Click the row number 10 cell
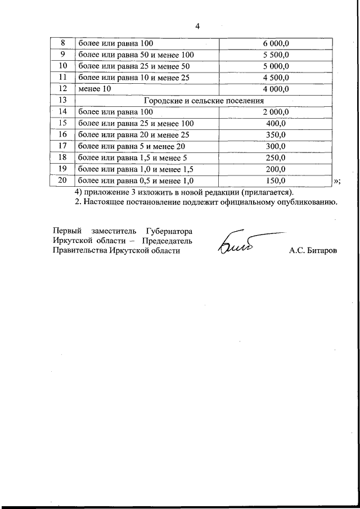pyautogui.click(x=63, y=66)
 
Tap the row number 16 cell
pyautogui.click(x=63, y=135)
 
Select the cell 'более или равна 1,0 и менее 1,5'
pyautogui.click(x=136, y=169)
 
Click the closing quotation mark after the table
pyautogui.click(x=337, y=181)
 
